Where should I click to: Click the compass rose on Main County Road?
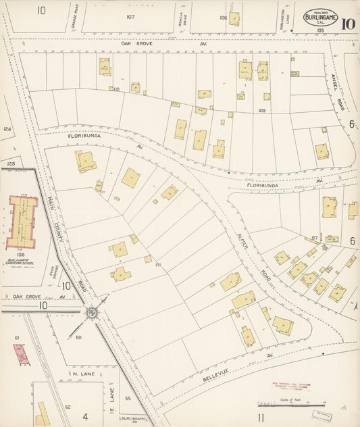(x=91, y=312)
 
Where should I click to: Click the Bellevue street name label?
(x=218, y=380)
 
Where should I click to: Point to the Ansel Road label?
(x=338, y=84)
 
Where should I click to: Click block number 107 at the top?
(x=130, y=16)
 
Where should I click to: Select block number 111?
(x=157, y=265)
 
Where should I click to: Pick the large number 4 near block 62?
(x=85, y=417)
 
